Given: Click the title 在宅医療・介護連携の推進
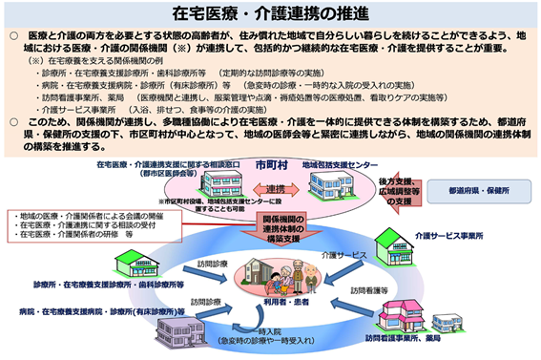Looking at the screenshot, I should [270, 15].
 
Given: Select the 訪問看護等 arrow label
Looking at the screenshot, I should [369, 288].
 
